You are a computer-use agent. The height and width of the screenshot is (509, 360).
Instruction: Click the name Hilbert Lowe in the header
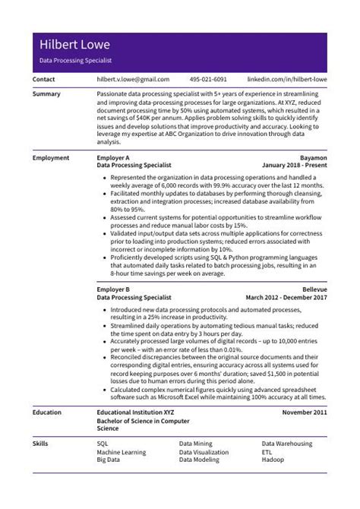coord(74,44)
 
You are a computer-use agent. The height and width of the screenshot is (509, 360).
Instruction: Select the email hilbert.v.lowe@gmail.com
coord(133,79)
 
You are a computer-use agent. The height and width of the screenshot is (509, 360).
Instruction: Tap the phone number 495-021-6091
coord(208,79)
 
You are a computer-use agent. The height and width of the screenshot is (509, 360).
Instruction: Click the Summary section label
coord(48,94)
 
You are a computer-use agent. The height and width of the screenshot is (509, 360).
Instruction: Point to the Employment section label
coord(52,157)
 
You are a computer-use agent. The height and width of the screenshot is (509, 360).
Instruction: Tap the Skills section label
coord(42,443)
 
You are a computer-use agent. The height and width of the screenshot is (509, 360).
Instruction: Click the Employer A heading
coord(114,157)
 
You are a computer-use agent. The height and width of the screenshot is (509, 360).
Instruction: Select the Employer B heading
coord(114,290)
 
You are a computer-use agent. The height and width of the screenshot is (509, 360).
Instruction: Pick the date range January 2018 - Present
coord(294,165)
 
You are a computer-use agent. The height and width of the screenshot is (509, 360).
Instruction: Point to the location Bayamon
coord(311,157)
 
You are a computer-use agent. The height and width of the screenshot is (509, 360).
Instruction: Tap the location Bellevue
coord(313,290)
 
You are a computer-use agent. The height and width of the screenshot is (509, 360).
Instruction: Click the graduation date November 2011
coord(304,412)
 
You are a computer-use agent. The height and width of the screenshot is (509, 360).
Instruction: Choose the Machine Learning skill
coord(122,452)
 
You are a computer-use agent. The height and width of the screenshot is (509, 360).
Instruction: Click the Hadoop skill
coord(275,460)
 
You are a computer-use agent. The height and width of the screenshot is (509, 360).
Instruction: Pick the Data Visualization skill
coord(204,452)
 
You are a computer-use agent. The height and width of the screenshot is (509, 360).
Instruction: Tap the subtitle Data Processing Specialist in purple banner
coord(75,59)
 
